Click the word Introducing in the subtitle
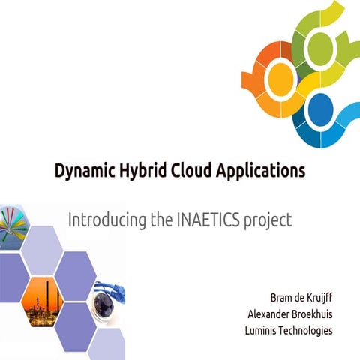pos(103,221)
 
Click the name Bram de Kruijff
pos(300,295)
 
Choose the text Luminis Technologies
pos(289,331)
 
